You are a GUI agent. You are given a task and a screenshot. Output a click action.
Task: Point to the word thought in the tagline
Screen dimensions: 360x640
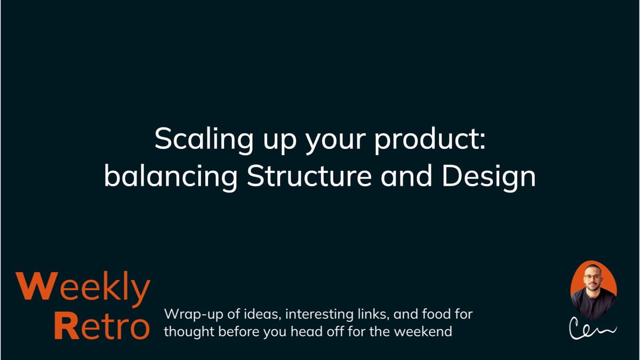(186, 332)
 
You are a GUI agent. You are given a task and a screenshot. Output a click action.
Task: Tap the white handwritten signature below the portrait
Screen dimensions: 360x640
(591, 329)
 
